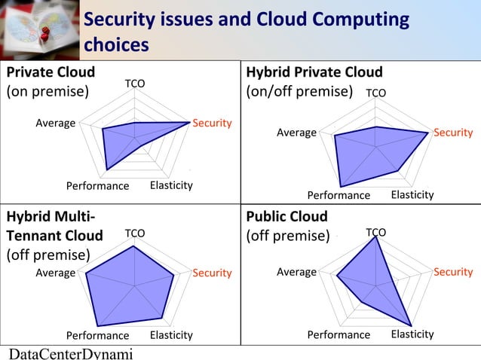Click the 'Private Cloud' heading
[x=51, y=72]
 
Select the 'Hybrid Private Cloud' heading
[x=314, y=72]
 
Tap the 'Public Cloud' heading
[x=287, y=217]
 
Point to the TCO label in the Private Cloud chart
[x=135, y=83]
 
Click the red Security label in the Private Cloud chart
[x=212, y=123]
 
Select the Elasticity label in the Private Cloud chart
[x=171, y=185]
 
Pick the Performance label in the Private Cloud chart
[x=97, y=186]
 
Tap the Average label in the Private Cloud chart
[x=56, y=123]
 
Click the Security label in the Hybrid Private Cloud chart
[x=453, y=133]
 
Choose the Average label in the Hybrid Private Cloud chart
[x=296, y=133]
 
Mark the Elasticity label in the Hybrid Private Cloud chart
[x=412, y=195]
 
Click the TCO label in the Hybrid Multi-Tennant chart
[x=135, y=233]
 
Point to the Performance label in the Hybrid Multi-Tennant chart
[x=97, y=335]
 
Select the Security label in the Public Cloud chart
[x=453, y=272]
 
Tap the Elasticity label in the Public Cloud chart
[x=412, y=334]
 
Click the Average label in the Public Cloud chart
[x=296, y=272]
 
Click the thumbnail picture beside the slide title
[x=38, y=29]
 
